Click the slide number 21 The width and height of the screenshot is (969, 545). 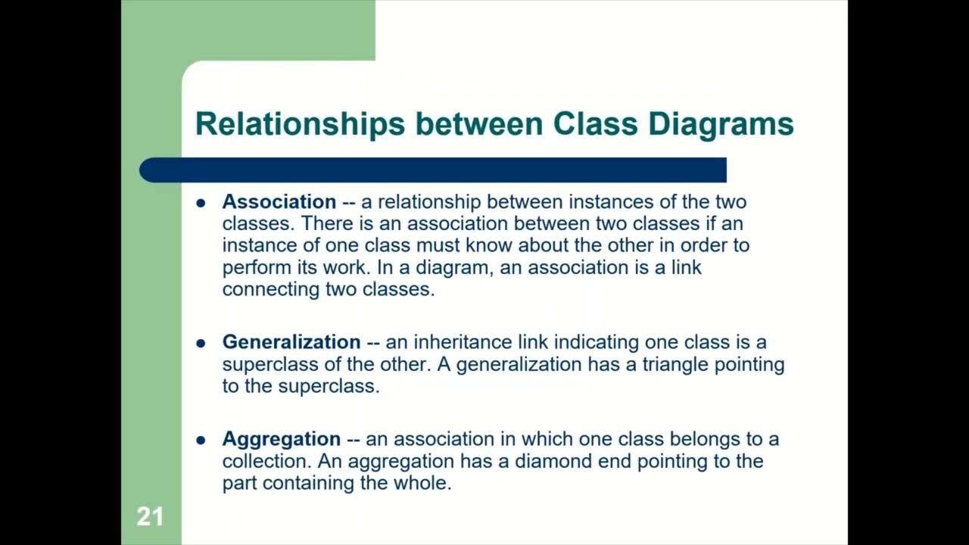click(x=150, y=517)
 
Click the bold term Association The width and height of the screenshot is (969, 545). click(x=279, y=202)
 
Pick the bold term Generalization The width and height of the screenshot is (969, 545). click(x=291, y=342)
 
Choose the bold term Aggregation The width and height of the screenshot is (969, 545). click(x=281, y=439)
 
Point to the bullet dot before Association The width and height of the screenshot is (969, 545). click(x=201, y=203)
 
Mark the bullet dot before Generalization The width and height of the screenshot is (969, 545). click(x=201, y=343)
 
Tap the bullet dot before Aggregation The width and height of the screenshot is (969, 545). click(x=201, y=440)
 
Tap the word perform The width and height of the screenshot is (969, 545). click(x=253, y=268)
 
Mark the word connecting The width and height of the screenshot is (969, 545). click(x=271, y=290)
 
